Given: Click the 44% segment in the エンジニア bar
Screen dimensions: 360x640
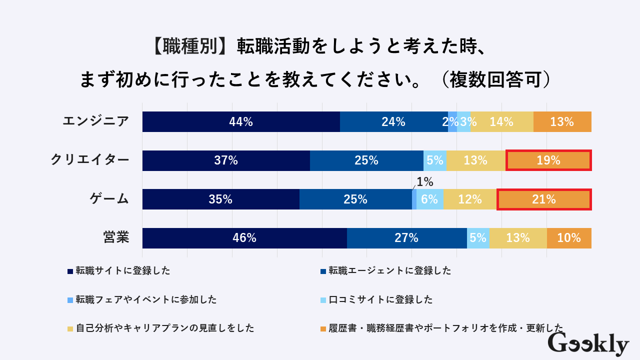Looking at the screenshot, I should pos(241,121).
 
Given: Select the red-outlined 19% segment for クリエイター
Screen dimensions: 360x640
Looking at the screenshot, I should pos(548,160).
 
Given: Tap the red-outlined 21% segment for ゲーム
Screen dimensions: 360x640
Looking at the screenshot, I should pos(544,199).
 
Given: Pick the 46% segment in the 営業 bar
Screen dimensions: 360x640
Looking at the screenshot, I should pos(244,238).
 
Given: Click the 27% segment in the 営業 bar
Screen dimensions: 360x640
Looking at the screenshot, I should pos(406,238).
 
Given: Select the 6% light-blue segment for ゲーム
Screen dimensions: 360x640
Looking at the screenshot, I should pos(429,199).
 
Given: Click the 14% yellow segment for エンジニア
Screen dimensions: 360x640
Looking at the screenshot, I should pos(501,121).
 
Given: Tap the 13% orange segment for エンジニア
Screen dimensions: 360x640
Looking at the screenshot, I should pos(562,121).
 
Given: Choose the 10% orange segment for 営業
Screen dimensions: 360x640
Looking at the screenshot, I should pos(569,238).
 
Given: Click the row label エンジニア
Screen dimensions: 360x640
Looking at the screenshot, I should pos(95,121).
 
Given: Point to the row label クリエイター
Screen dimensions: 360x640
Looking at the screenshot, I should pos(90,160).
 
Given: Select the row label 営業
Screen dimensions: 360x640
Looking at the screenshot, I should pos(116,237).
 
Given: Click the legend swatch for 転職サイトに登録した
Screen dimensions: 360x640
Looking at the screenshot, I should pos(70,271).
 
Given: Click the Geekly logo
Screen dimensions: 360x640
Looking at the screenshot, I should pos(588,344).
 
